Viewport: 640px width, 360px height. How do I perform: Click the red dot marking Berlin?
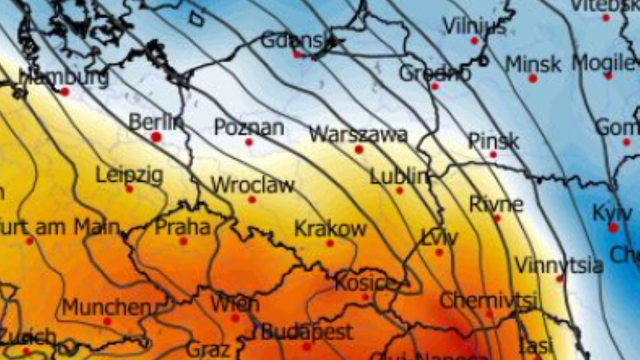tap(156, 137)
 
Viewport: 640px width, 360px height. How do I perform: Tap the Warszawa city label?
tap(358, 134)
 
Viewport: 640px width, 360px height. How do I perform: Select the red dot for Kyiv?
tap(613, 228)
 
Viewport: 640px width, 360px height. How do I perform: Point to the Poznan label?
tap(249, 127)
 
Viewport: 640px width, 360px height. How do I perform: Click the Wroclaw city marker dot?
tap(252, 199)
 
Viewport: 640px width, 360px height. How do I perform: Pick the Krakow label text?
tap(330, 229)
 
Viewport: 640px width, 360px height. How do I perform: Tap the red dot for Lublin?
tap(399, 190)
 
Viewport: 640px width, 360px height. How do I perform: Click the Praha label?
tap(182, 227)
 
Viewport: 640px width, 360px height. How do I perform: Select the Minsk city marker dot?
tap(533, 78)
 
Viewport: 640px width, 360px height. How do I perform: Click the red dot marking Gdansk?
tap(297, 54)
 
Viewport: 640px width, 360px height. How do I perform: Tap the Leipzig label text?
tap(129, 175)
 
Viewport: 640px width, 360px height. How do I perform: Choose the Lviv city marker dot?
tap(439, 252)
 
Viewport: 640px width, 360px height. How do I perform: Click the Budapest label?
tap(307, 332)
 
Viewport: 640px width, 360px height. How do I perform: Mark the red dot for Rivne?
tap(497, 218)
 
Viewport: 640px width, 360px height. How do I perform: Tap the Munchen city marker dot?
tap(107, 321)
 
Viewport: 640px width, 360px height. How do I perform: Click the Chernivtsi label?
tap(487, 301)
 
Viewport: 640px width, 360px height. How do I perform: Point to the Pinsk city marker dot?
tap(493, 155)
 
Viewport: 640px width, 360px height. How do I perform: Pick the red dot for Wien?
tap(235, 318)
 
